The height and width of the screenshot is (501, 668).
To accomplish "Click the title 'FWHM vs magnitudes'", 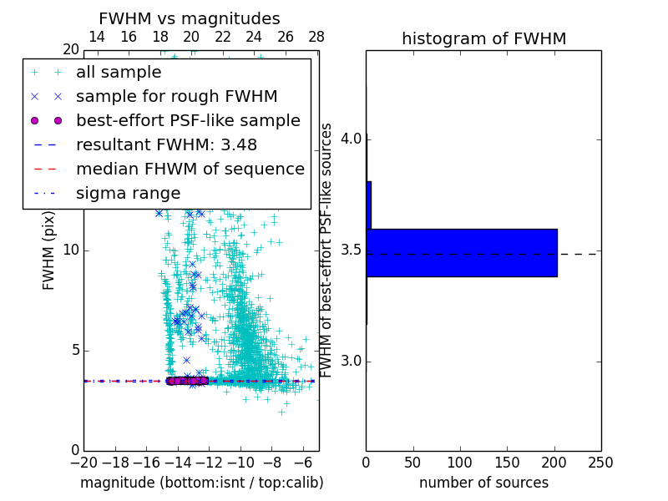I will pyautogui.click(x=190, y=18).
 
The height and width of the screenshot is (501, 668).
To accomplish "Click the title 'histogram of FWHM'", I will pyautogui.click(x=483, y=38).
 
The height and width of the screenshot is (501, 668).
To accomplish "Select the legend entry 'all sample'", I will pyautogui.click(x=119, y=73).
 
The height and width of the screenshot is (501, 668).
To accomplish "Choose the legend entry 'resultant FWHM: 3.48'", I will pyautogui.click(x=166, y=144).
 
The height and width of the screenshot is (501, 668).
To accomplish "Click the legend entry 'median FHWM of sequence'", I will pyautogui.click(x=190, y=169).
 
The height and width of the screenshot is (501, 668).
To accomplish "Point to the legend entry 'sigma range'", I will pyautogui.click(x=128, y=193).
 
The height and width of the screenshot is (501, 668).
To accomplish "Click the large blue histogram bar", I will pyautogui.click(x=461, y=252).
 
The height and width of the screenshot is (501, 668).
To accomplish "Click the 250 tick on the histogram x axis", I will pyautogui.click(x=600, y=462).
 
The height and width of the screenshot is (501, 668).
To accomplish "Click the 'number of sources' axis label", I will pyautogui.click(x=483, y=483).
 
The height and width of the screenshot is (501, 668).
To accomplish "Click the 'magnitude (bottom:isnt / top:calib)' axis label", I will pyautogui.click(x=201, y=483).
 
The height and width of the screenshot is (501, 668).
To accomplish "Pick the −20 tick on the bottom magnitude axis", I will pyautogui.click(x=83, y=462).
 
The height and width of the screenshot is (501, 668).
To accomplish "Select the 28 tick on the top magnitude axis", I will pyautogui.click(x=316, y=37).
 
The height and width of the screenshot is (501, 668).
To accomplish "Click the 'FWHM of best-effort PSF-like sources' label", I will pyautogui.click(x=327, y=250).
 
